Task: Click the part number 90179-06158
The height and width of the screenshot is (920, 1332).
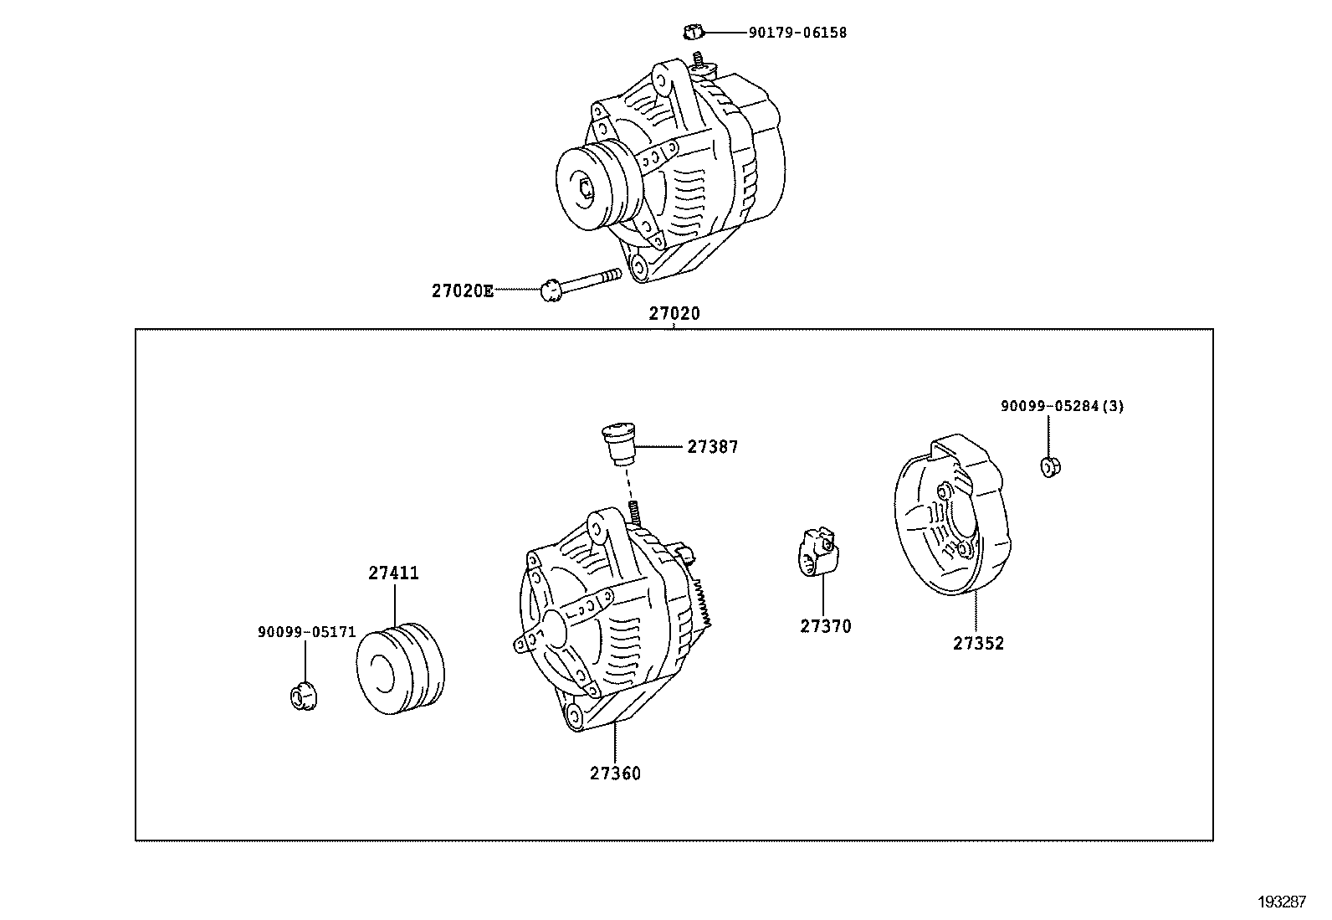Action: click(797, 33)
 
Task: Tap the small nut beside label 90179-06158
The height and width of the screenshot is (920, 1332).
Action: click(691, 33)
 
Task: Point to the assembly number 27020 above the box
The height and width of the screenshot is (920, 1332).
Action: click(674, 314)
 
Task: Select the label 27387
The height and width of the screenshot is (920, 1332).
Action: click(713, 447)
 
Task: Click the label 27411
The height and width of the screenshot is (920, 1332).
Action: click(393, 573)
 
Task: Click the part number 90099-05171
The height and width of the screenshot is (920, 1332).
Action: click(306, 633)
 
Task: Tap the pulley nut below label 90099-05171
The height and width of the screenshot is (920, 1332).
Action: click(304, 696)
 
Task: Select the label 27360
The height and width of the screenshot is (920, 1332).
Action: click(615, 774)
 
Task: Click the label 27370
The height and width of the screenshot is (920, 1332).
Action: click(825, 626)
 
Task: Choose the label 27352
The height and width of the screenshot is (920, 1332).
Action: click(978, 644)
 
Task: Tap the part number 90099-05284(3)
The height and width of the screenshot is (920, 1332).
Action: click(1062, 407)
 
